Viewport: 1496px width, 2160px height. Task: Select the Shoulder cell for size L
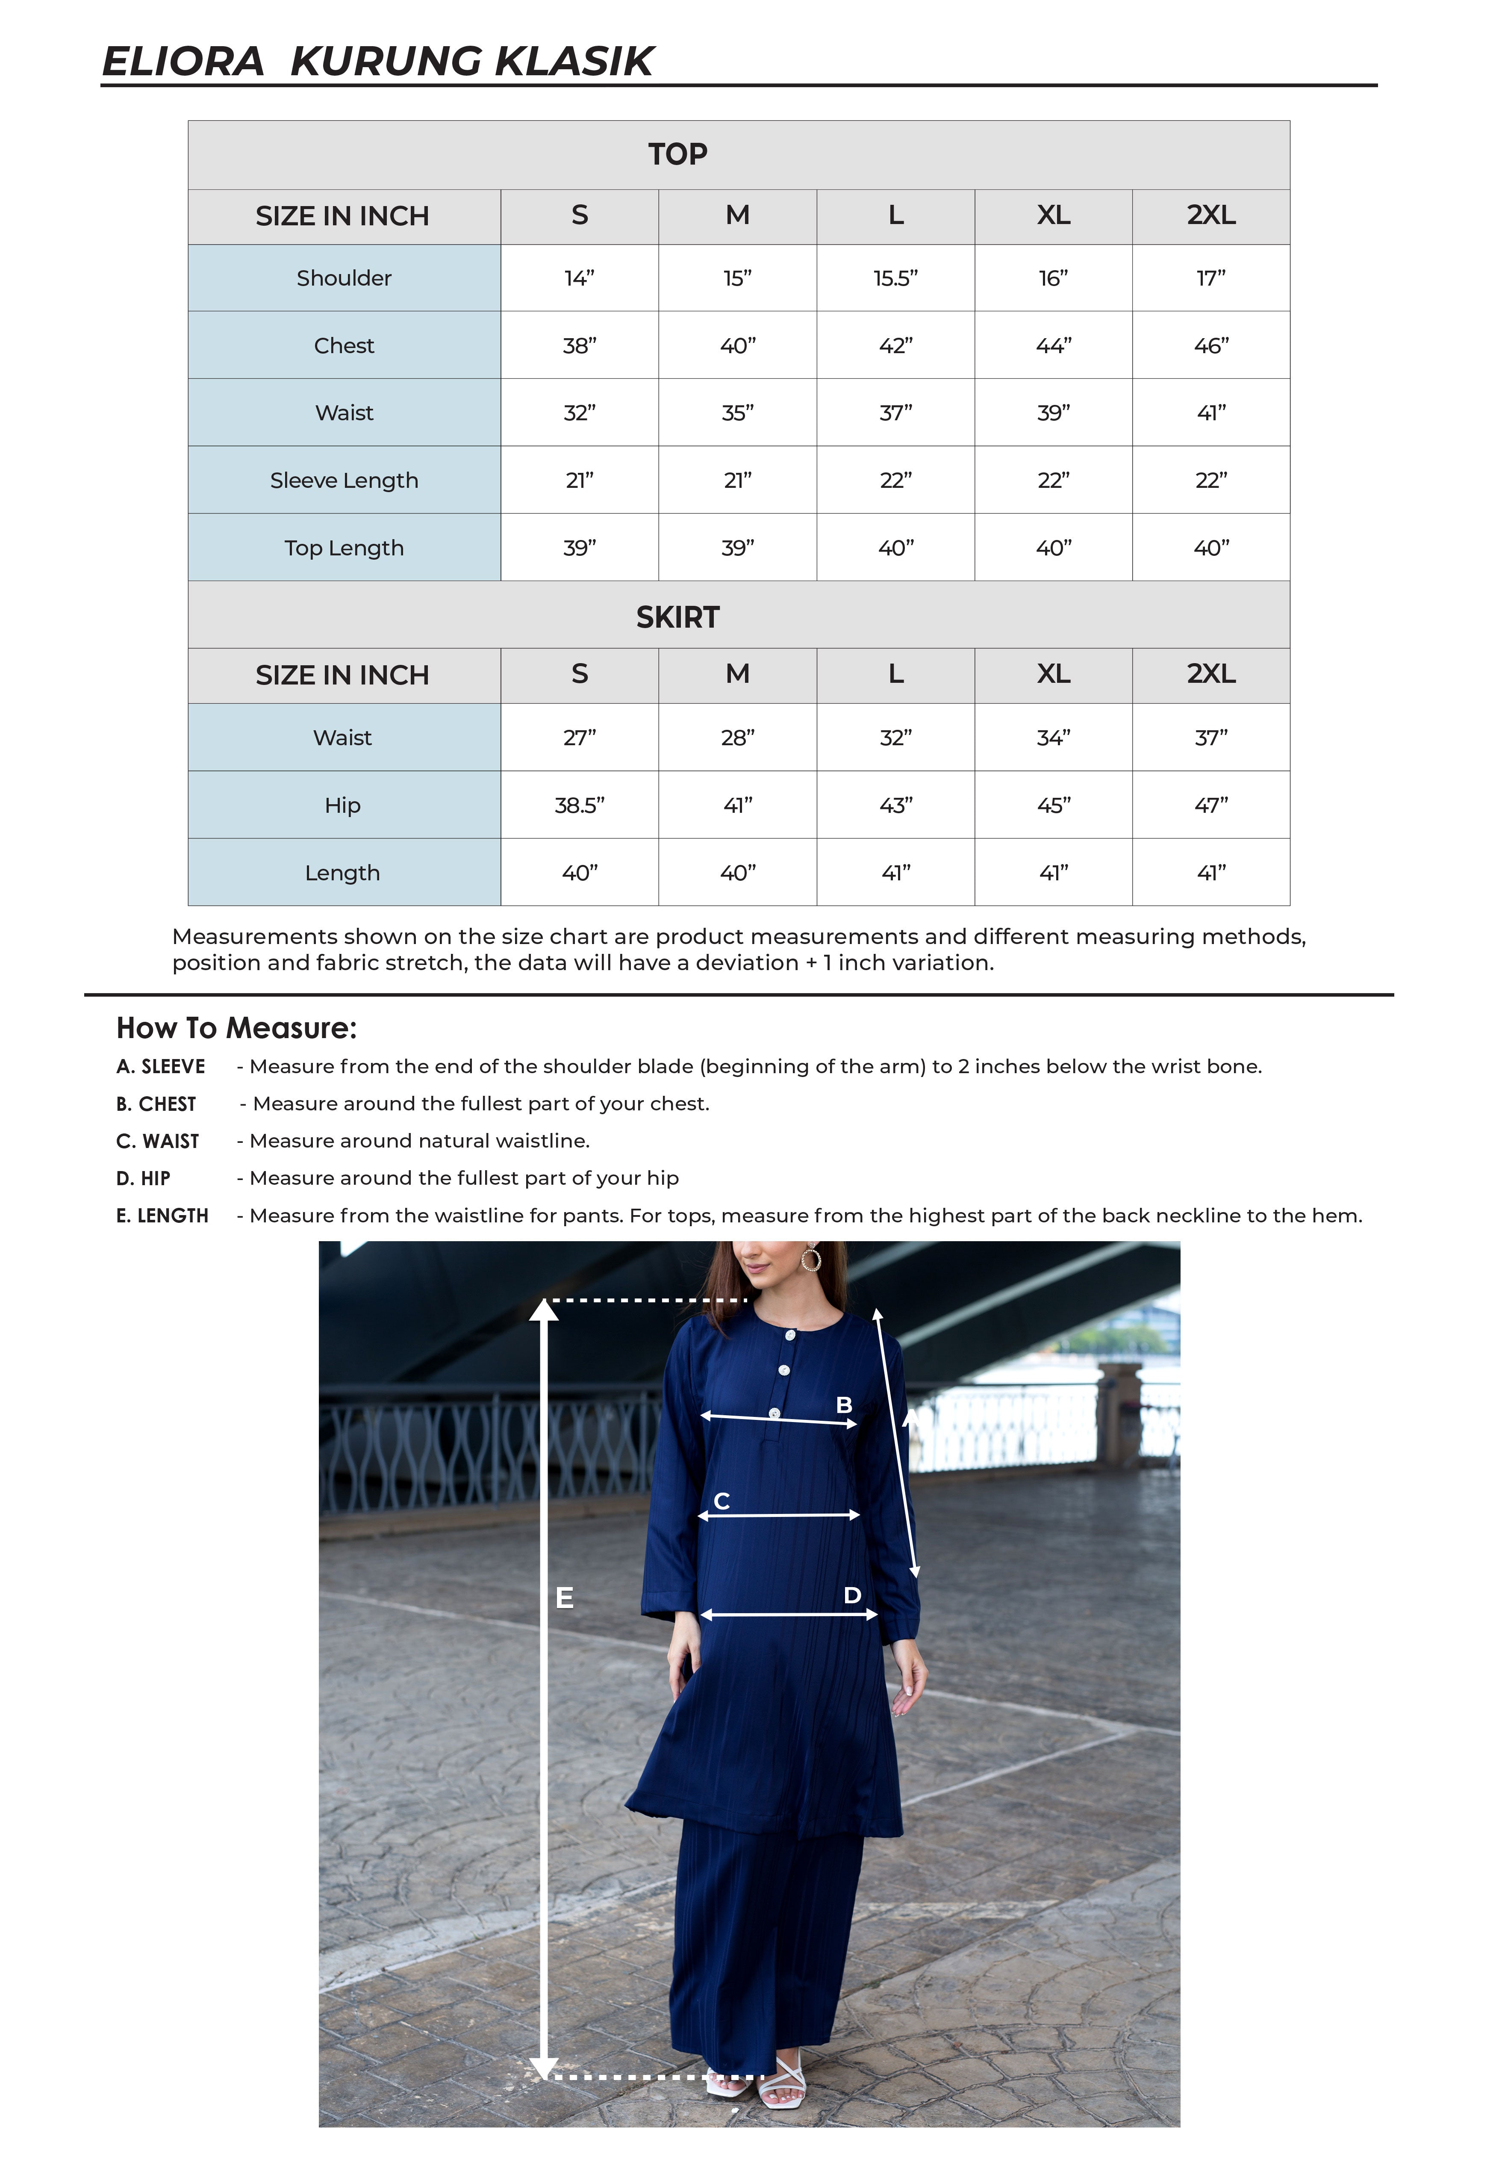point(895,278)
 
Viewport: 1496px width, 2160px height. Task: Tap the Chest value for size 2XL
point(1211,346)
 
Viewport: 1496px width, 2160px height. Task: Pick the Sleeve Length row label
point(344,480)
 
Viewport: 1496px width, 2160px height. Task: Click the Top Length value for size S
point(579,548)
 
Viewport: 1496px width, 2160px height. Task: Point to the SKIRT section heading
point(678,617)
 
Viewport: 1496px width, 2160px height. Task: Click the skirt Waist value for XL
point(1054,738)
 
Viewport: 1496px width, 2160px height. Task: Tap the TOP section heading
point(678,154)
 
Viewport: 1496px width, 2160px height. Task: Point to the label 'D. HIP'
point(144,1178)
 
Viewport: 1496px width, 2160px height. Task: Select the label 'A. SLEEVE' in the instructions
point(160,1067)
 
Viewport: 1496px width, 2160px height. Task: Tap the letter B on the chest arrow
point(844,1405)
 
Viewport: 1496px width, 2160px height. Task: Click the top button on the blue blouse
point(790,1335)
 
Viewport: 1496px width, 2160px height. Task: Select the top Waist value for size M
point(738,413)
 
